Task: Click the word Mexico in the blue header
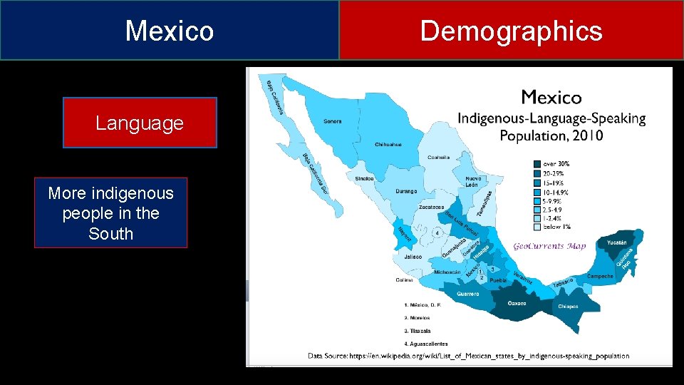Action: coord(170,31)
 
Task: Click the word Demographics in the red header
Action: coord(511,31)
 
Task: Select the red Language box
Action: coord(140,123)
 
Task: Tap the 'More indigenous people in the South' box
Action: coord(110,212)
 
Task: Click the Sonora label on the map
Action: coord(332,121)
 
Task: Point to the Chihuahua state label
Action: coord(388,145)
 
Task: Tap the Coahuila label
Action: coord(438,158)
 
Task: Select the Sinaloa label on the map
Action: coord(365,178)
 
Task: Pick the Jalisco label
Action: coord(412,257)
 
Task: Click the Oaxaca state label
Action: coord(517,302)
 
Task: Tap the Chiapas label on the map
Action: coord(568,306)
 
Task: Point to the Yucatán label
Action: coord(617,242)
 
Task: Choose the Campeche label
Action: coord(600,276)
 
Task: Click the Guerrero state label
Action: coord(467,293)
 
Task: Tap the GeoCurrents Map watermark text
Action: coord(549,246)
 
